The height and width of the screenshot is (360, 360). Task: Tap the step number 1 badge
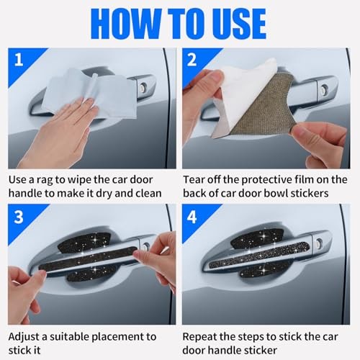[19, 60]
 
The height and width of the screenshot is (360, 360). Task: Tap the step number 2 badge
[192, 60]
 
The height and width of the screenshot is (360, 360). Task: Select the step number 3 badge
[19, 217]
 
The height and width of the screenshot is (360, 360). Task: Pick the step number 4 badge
[192, 217]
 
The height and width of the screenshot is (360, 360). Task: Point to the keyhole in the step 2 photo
[325, 88]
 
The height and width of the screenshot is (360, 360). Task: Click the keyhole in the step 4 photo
[320, 242]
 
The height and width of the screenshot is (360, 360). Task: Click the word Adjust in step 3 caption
[24, 338]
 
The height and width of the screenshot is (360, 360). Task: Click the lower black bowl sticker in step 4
[264, 271]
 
